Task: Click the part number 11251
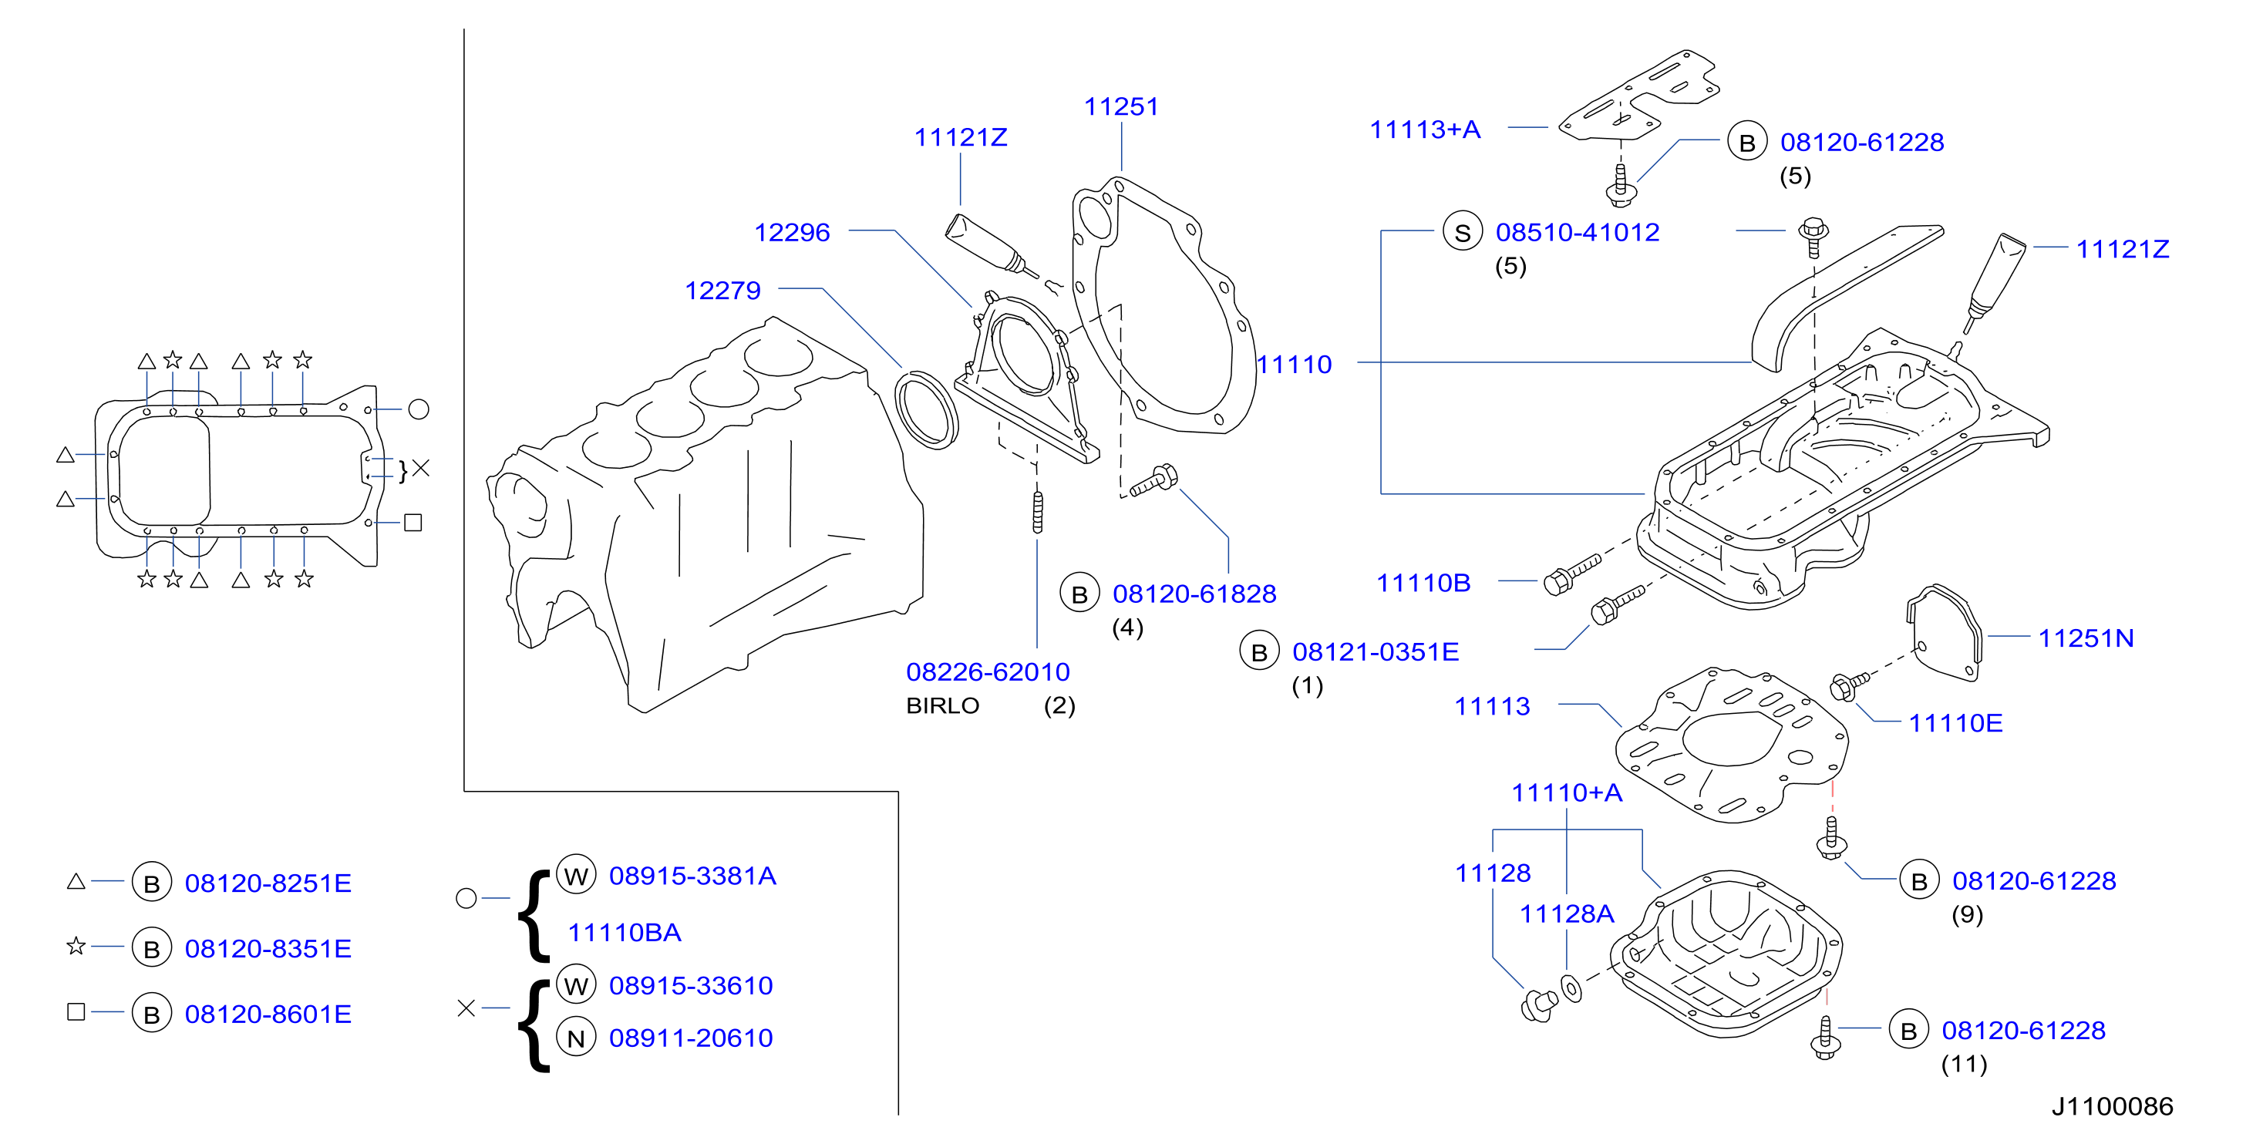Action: [1121, 106]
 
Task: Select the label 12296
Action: [792, 232]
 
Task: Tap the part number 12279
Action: [722, 290]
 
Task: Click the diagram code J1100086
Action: [2112, 1106]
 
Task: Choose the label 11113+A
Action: [1425, 130]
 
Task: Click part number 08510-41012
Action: [1578, 232]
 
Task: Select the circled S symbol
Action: [1463, 232]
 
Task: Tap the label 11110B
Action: [1423, 583]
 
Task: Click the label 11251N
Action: [2086, 638]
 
